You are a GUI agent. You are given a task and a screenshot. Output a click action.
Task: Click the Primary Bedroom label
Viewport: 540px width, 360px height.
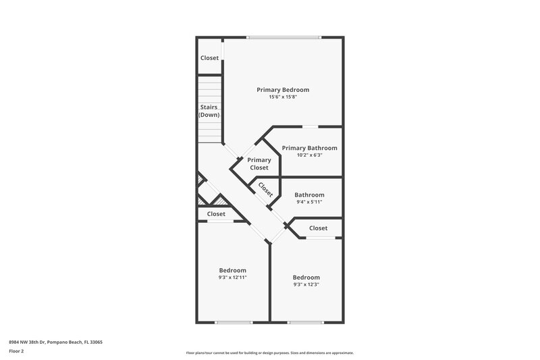(x=283, y=90)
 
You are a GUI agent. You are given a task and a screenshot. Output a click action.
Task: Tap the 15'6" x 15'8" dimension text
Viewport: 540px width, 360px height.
(x=283, y=97)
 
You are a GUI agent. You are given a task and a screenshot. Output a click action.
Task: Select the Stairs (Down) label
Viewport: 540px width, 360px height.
(x=209, y=111)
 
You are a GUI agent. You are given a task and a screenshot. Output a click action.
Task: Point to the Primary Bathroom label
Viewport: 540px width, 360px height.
(x=309, y=148)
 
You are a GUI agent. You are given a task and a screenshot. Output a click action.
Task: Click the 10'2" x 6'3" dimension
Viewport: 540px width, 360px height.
(x=309, y=155)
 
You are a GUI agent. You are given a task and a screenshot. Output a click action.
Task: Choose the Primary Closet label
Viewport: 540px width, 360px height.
(x=259, y=163)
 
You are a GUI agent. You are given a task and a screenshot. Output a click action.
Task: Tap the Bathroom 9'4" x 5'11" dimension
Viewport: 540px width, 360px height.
(x=309, y=202)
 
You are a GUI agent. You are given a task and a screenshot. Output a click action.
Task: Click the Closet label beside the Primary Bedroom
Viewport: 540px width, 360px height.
(x=209, y=58)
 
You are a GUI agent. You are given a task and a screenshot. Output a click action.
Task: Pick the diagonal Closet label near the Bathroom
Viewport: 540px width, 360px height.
(x=265, y=189)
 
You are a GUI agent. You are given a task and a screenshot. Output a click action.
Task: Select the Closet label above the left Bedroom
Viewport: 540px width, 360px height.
(x=216, y=214)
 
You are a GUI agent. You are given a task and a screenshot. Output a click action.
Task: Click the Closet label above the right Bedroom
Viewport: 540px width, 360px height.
(x=318, y=228)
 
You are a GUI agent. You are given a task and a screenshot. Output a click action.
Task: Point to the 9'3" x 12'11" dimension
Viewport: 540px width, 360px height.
(x=232, y=278)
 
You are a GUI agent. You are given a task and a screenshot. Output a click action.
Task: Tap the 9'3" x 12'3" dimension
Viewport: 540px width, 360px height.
(x=306, y=284)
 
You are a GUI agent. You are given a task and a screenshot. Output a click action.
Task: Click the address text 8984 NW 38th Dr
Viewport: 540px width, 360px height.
(x=55, y=342)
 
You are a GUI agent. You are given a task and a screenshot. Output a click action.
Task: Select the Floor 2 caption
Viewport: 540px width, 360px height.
(x=17, y=351)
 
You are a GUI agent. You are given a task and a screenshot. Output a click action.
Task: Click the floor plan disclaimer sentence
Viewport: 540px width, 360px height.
(x=269, y=353)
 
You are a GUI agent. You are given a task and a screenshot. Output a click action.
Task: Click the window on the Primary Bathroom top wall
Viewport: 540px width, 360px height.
(x=310, y=126)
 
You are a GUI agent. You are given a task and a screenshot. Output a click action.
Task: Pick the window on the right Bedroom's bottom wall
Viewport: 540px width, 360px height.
(x=306, y=322)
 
